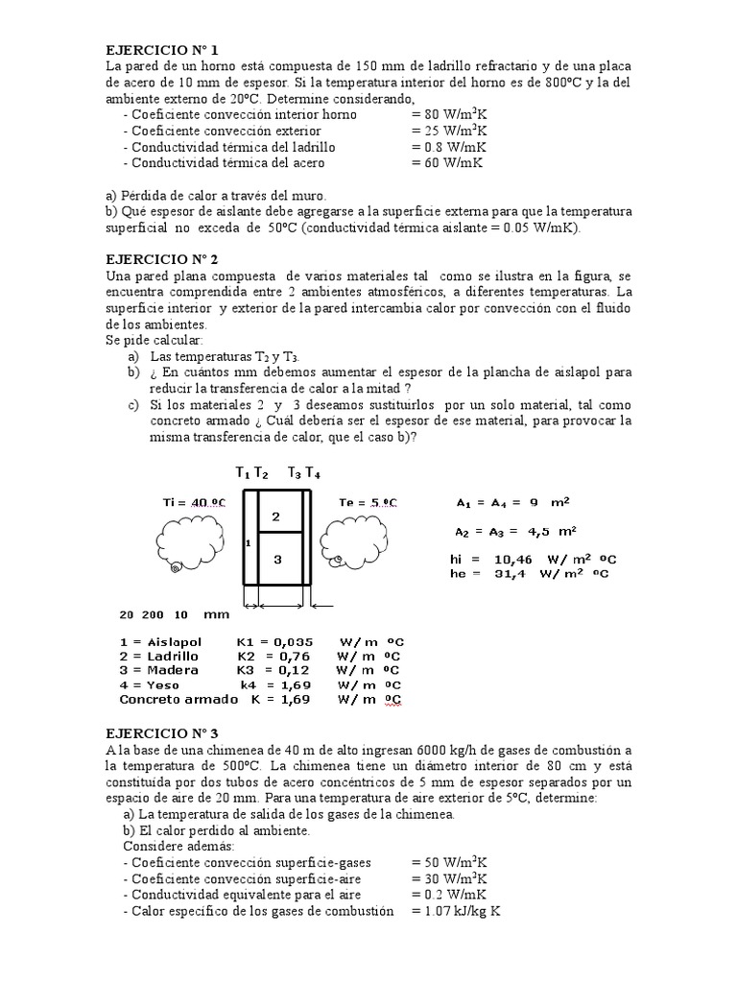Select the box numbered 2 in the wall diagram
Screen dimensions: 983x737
[275, 517]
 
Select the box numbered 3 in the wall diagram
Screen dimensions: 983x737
[275, 561]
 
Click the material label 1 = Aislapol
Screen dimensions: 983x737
[159, 640]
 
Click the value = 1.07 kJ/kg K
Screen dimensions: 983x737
[456, 911]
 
